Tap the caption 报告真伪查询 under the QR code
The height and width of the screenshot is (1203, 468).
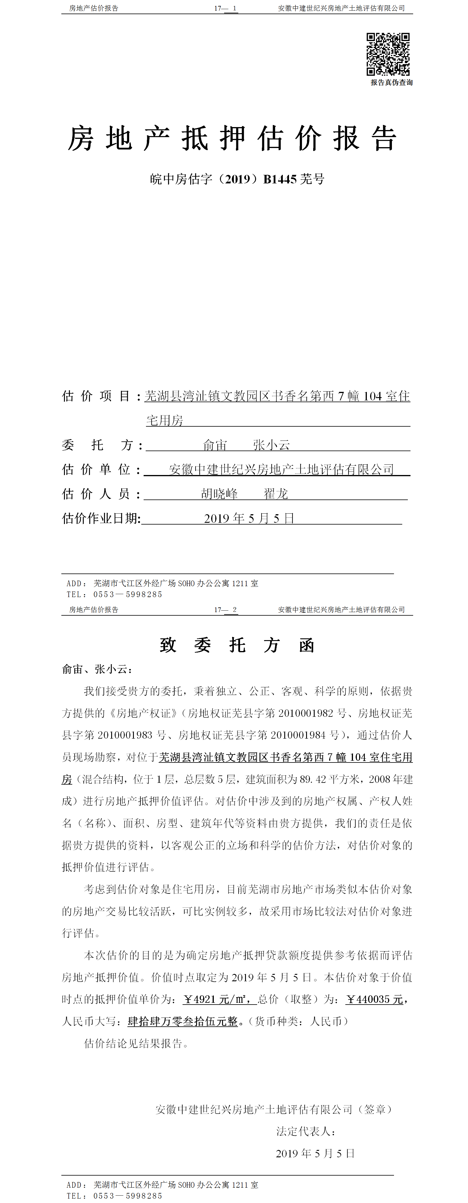(391, 83)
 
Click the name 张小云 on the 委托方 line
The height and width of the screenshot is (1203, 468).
(271, 445)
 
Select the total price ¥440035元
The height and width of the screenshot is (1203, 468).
(375, 999)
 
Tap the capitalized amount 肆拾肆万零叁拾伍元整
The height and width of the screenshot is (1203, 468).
(183, 1021)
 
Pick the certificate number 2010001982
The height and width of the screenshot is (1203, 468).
(306, 713)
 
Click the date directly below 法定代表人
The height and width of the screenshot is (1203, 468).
(315, 1153)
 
